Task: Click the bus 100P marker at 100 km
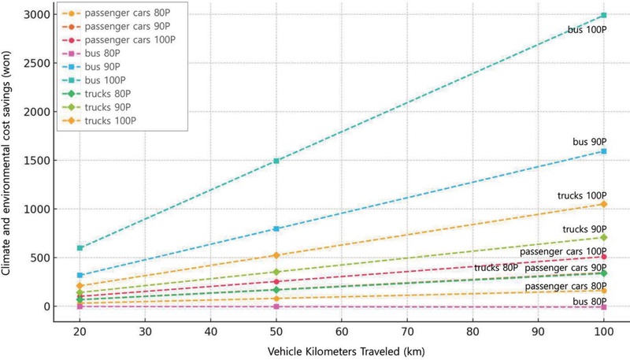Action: (x=604, y=15)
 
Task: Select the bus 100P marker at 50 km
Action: (x=276, y=161)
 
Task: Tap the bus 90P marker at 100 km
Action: (x=604, y=151)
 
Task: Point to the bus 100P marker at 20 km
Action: (x=79, y=248)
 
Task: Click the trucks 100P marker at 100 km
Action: (x=604, y=204)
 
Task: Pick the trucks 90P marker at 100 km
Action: (x=604, y=237)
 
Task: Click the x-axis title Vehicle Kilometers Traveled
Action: (x=342, y=344)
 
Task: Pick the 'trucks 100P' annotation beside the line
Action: (x=583, y=195)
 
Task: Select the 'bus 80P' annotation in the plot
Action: (x=589, y=302)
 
